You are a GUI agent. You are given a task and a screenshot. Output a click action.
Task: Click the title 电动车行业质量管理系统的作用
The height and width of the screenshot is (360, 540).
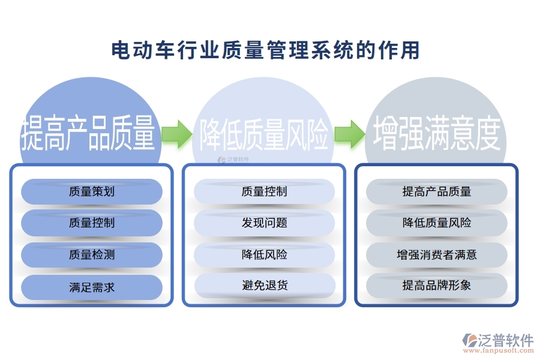(265, 50)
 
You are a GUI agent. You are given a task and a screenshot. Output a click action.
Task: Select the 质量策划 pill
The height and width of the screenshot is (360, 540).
(92, 191)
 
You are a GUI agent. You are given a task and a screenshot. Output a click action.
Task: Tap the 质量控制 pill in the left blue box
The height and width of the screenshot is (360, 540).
(92, 223)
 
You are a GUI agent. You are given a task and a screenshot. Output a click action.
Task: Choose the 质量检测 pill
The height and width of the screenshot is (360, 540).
(92, 255)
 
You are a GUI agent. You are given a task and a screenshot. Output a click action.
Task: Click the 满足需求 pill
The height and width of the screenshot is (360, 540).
(92, 287)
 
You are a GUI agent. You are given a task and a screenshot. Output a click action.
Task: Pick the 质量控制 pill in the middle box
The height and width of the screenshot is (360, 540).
(264, 191)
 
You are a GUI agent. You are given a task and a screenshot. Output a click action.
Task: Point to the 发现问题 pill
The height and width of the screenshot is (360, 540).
(264, 223)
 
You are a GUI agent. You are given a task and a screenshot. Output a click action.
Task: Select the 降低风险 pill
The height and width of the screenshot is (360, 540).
(264, 255)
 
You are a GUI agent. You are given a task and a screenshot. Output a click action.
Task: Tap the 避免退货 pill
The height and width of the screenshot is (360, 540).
(264, 285)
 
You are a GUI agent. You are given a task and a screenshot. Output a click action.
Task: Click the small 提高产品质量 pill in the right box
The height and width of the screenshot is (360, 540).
(437, 191)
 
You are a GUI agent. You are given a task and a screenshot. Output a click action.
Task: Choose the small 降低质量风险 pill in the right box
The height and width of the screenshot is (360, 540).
(437, 223)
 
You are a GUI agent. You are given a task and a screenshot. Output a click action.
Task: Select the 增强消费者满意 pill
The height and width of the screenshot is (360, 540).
(437, 255)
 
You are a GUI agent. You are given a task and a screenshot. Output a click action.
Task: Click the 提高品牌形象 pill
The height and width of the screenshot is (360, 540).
(437, 285)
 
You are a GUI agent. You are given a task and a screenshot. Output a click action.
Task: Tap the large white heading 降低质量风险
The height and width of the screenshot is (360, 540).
(264, 133)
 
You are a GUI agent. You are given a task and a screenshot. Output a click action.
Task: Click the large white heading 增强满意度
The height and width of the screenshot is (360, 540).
(437, 133)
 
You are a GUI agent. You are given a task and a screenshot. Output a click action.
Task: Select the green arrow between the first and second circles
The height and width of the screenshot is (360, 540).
(177, 133)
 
